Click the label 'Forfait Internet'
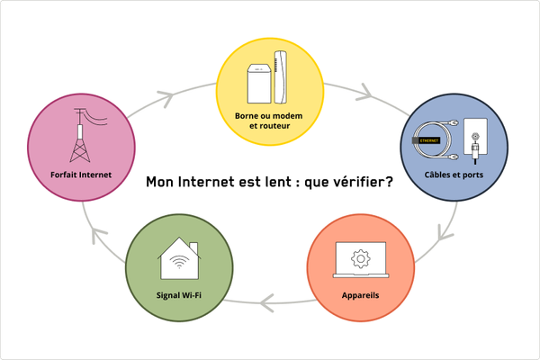tap(82, 175)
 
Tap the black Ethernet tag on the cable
tap(426, 141)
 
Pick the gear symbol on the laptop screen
tap(360, 259)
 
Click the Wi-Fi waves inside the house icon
tap(179, 265)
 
